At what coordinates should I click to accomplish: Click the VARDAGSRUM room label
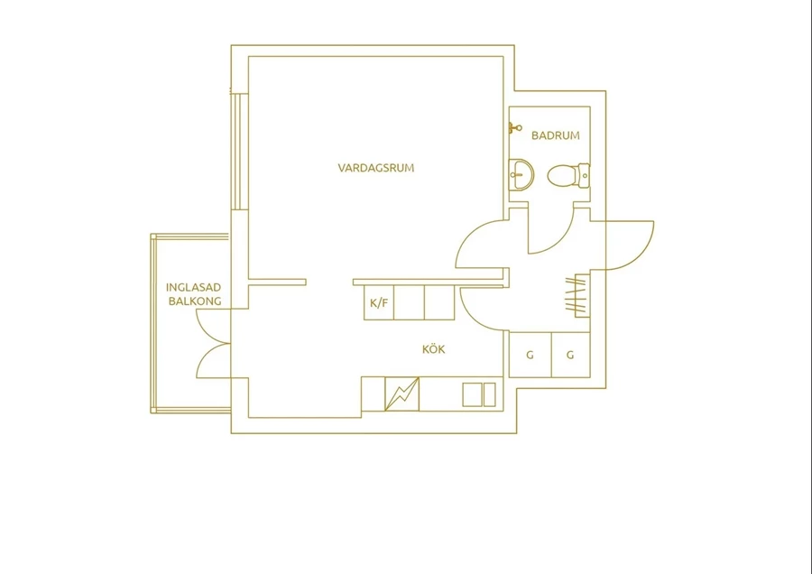[x=376, y=168]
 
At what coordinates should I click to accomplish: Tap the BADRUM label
[x=556, y=135]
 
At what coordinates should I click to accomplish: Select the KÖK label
[x=433, y=349]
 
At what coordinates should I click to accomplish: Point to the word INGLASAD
[x=194, y=288]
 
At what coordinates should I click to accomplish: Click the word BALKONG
[x=195, y=301]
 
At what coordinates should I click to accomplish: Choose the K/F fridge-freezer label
[x=379, y=303]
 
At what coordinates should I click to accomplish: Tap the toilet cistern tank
[x=584, y=176]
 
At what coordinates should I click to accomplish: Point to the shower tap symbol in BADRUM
[x=515, y=127]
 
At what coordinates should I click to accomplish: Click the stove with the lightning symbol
[x=401, y=393]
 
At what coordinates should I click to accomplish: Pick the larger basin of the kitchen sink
[x=471, y=394]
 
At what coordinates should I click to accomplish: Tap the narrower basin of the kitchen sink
[x=489, y=394]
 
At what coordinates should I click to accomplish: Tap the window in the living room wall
[x=236, y=152]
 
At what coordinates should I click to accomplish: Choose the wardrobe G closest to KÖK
[x=530, y=355]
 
